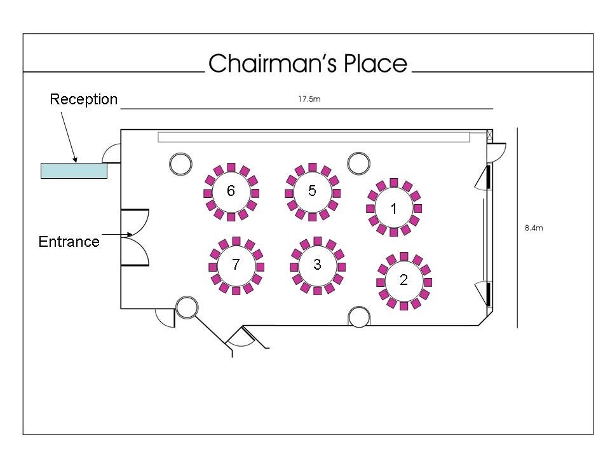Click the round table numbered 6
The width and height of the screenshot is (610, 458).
tap(231, 192)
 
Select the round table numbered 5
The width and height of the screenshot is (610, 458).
tap(312, 191)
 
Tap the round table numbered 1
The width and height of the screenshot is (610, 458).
tap(394, 208)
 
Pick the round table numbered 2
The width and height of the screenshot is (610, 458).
tap(404, 281)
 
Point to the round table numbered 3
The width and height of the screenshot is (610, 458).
tap(317, 265)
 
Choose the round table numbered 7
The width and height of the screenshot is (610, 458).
tap(236, 265)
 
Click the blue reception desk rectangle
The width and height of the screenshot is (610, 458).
tap(74, 170)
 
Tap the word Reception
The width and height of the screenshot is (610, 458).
tap(84, 99)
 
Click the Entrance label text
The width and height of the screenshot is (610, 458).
tap(69, 242)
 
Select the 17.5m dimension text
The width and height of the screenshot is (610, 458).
tap(305, 99)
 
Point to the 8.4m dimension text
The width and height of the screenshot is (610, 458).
tap(534, 228)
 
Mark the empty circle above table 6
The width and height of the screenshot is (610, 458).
tap(180, 163)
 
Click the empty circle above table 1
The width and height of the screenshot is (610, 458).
tap(359, 163)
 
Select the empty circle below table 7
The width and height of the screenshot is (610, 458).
tap(186, 307)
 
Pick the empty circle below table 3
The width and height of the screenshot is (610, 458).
tap(359, 316)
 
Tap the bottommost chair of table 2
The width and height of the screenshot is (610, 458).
tap(404, 306)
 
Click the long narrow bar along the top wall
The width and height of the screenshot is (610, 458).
tap(314, 137)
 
